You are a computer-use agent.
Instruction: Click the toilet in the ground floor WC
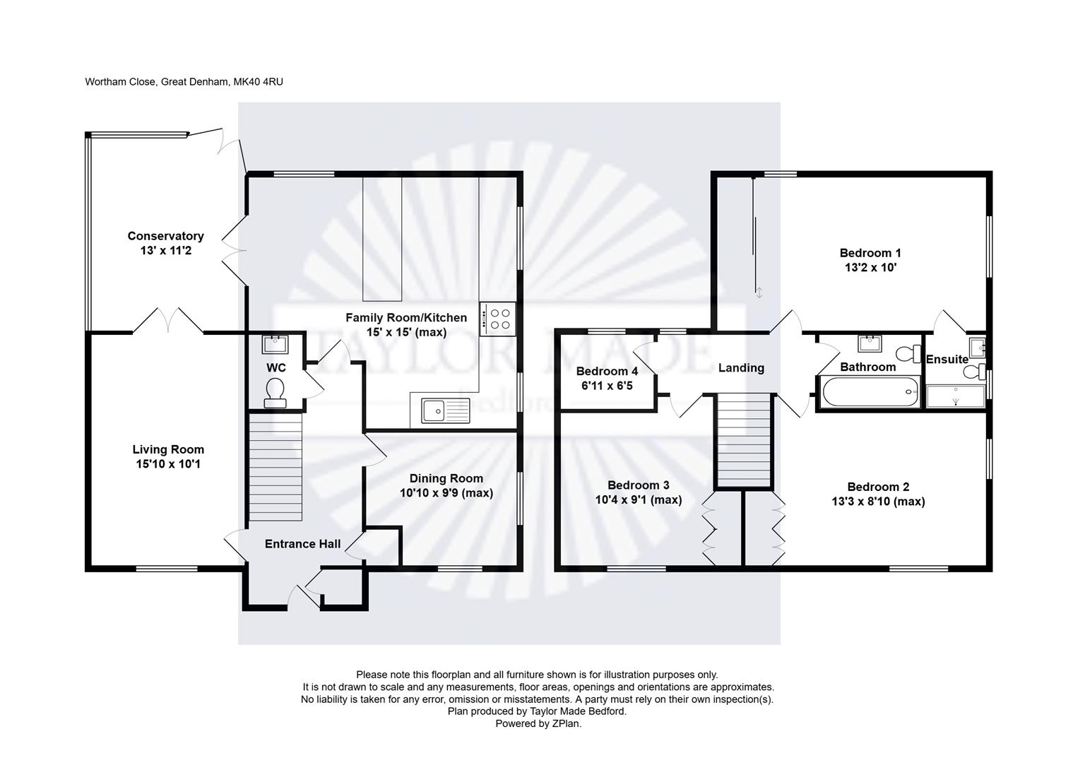(274, 392)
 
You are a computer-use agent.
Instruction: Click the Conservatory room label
(165, 236)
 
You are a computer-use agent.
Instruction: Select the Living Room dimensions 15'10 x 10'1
(168, 464)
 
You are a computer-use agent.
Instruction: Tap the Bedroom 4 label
(607, 371)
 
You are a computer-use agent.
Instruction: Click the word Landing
(741, 367)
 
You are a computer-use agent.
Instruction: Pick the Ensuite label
(947, 359)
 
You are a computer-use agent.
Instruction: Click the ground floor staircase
(275, 467)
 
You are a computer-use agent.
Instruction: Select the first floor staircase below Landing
(743, 439)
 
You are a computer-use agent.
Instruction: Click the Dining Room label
(446, 478)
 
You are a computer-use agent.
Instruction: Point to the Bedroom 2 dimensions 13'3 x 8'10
(878, 502)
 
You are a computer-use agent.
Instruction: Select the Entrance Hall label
(302, 543)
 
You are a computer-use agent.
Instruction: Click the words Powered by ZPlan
(538, 723)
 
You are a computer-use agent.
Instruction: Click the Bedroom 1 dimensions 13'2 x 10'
(870, 268)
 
